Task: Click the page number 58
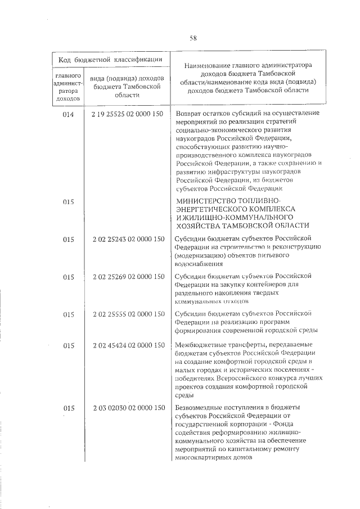[x=193, y=38]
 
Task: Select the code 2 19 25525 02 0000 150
[x=127, y=114]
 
